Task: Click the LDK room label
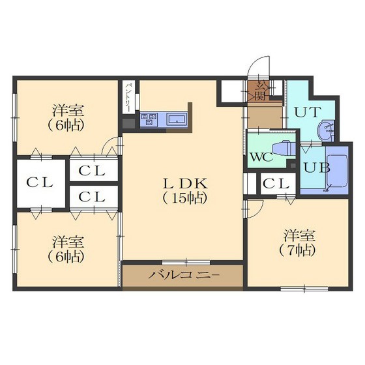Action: pyautogui.click(x=185, y=184)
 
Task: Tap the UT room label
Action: pyautogui.click(x=308, y=112)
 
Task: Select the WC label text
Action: pyautogui.click(x=261, y=157)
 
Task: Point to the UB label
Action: pyautogui.click(x=317, y=168)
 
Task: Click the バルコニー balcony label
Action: pyautogui.click(x=184, y=276)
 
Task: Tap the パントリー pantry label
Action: pyautogui.click(x=128, y=97)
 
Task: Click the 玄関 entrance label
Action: pyautogui.click(x=260, y=91)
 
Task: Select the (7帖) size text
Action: pyautogui.click(x=297, y=250)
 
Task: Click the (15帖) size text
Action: pyautogui.click(x=184, y=198)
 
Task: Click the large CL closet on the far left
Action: pyautogui.click(x=40, y=182)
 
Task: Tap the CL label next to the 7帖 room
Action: pyautogui.click(x=276, y=184)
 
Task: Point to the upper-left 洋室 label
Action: pyautogui.click(x=68, y=110)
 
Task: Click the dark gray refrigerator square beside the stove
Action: pyautogui.click(x=129, y=124)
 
